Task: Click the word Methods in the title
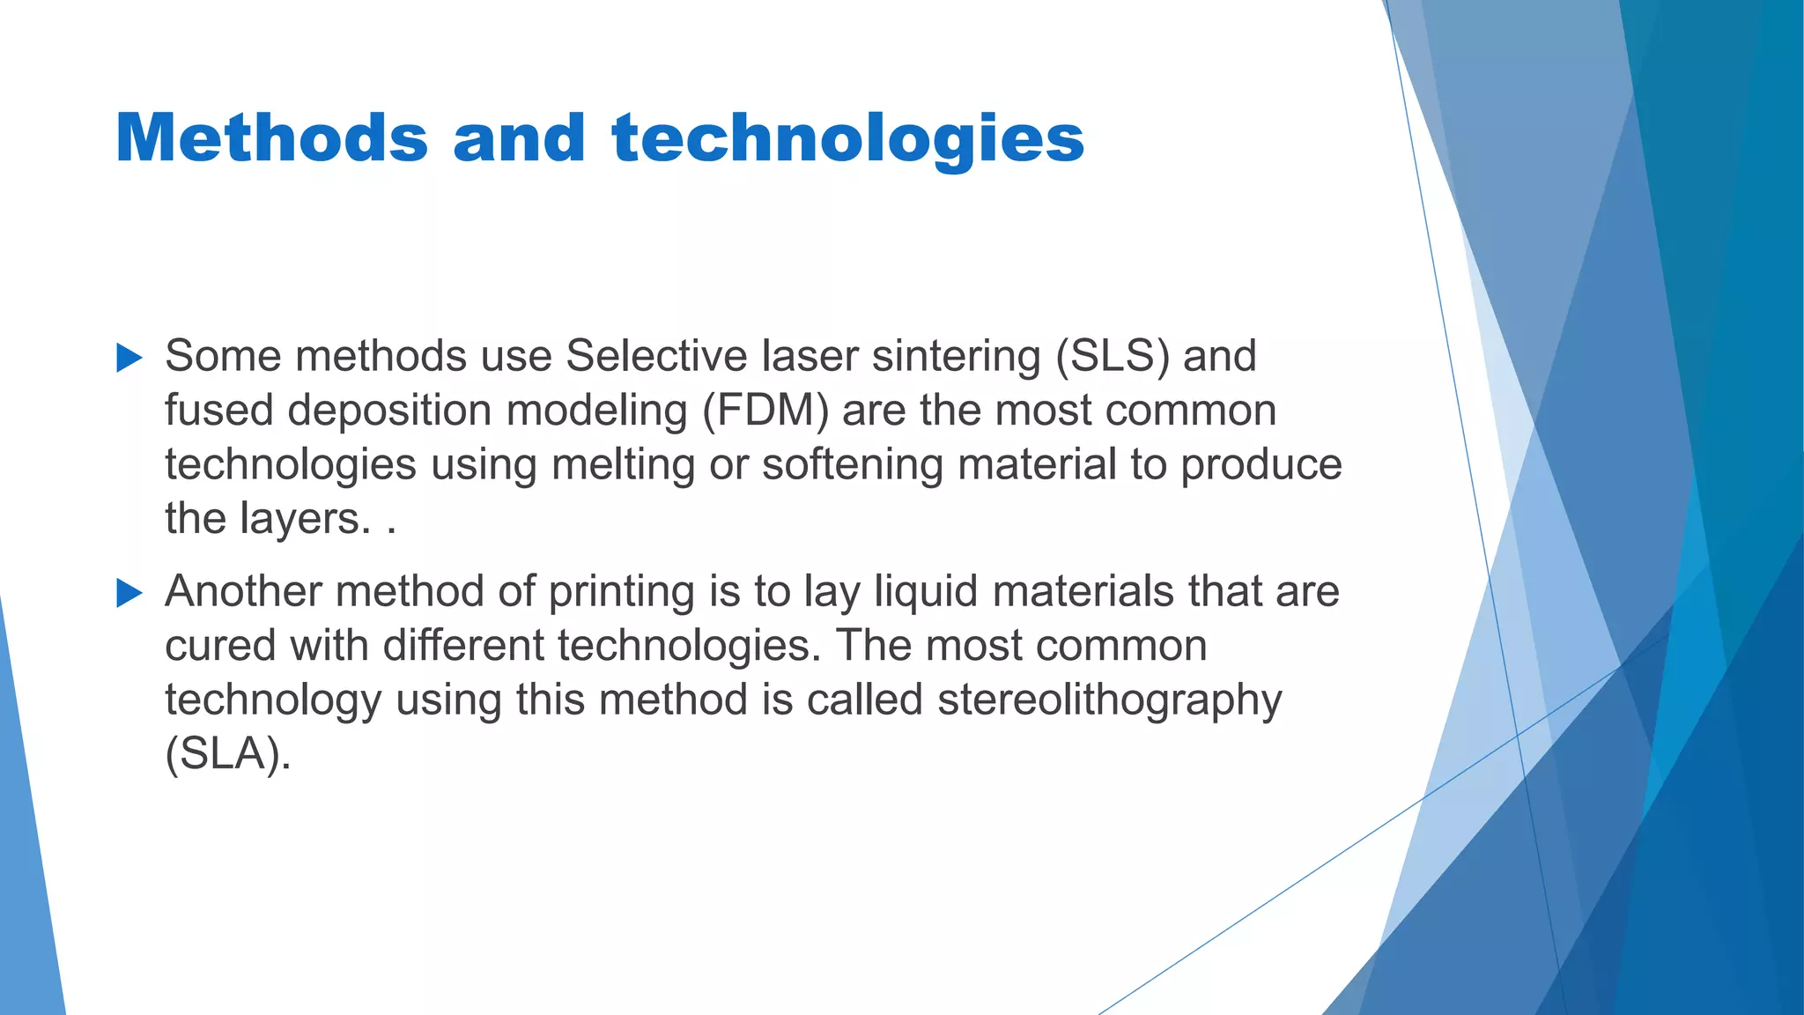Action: click(271, 138)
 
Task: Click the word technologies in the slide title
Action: click(847, 138)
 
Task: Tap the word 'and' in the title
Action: click(519, 138)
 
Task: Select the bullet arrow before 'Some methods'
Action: click(129, 358)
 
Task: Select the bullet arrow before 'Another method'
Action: click(129, 593)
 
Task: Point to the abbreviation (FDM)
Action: click(765, 411)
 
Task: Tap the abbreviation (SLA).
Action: click(227, 754)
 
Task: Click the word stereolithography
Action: click(1109, 700)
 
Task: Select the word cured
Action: click(220, 646)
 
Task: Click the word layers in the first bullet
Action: click(305, 519)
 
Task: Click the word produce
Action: click(1261, 464)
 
